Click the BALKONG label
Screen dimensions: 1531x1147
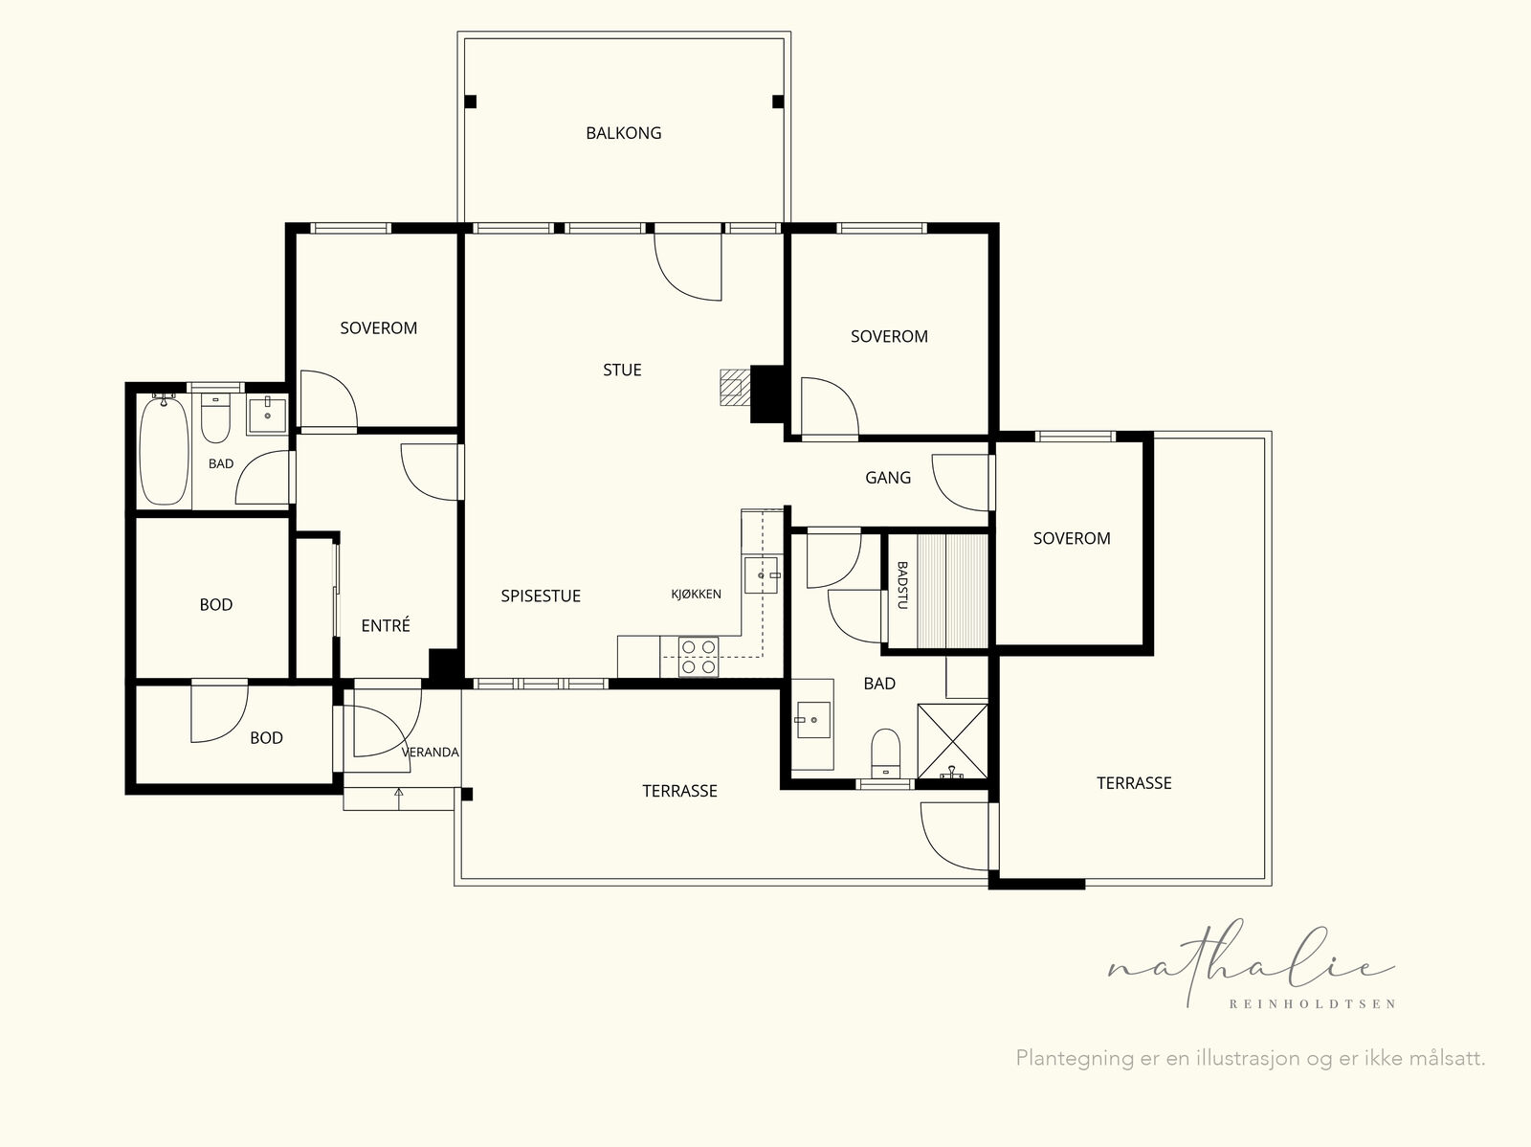[x=624, y=133]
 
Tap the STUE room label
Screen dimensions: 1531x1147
[x=622, y=370]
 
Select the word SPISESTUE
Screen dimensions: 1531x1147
[x=541, y=596]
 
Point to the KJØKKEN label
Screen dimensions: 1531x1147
[x=696, y=595]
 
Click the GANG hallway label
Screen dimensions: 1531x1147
[x=888, y=478]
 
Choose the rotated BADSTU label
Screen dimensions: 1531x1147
[x=902, y=586]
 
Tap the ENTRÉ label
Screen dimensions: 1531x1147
[x=386, y=626]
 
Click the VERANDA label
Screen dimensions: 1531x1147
[x=431, y=753]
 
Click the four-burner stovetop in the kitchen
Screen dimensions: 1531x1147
[x=699, y=657]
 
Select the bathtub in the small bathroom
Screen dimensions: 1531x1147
[x=164, y=450]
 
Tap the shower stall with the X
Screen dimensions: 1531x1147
[x=953, y=741]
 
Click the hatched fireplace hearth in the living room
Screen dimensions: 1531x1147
[x=735, y=387]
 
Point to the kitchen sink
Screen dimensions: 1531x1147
[x=761, y=575]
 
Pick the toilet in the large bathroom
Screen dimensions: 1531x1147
[x=886, y=753]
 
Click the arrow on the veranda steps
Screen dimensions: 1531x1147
[x=399, y=798]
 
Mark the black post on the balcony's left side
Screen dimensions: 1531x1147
[x=471, y=101]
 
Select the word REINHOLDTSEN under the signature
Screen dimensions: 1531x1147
[x=1312, y=1004]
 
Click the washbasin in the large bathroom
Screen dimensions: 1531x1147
[x=812, y=720]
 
